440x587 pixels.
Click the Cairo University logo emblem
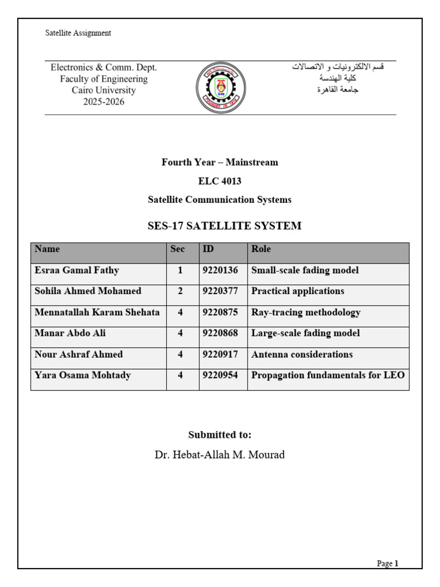221,87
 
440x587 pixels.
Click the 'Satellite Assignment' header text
78,33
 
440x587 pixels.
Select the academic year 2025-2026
103,102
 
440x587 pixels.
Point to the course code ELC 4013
219,181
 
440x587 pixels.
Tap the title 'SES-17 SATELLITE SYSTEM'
224,226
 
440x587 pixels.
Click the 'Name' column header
47,249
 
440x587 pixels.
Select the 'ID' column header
209,249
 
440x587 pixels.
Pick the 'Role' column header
261,249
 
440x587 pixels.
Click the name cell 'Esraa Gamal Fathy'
77,270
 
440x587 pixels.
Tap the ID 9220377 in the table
220,291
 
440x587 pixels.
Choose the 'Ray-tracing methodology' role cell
305,312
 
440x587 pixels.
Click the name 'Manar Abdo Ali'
70,333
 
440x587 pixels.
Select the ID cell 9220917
220,354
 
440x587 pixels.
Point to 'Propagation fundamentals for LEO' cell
328,375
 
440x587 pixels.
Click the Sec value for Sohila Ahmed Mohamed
180,291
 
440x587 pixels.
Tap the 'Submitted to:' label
219,435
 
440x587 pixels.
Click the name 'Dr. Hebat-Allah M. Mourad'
219,455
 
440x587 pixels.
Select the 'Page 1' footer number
387,563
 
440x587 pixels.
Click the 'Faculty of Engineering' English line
104,79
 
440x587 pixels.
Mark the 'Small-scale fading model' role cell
305,270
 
